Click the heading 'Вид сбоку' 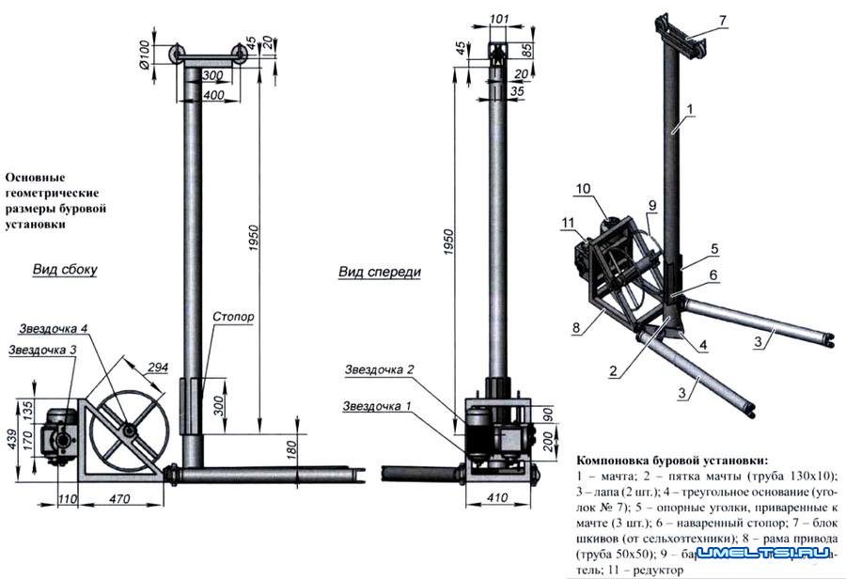tap(65, 269)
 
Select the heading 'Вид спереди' tap(380, 272)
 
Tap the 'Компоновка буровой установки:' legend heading tap(669, 461)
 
